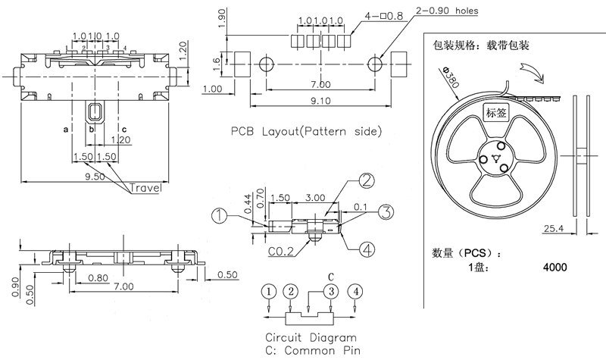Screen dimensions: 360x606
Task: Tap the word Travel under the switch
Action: point(145,188)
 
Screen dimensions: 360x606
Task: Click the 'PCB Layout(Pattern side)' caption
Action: point(307,131)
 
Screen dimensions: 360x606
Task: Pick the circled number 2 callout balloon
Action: point(366,181)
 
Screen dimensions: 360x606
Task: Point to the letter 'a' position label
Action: point(67,130)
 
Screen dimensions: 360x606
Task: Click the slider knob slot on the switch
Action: point(94,112)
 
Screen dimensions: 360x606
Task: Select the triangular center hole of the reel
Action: point(497,159)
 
